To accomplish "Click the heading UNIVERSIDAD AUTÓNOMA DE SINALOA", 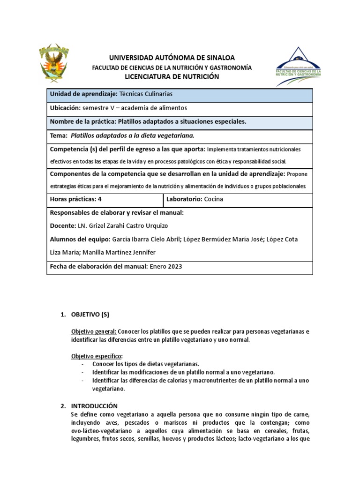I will (172, 58).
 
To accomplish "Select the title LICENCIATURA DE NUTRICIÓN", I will (172, 76).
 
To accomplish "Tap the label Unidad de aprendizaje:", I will (83, 94).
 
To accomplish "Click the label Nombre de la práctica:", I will (82, 122).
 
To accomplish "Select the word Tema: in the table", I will (59, 135).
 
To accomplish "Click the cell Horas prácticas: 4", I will (75, 199).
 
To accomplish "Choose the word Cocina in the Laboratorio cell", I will (214, 199).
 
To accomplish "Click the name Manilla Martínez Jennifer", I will (119, 252).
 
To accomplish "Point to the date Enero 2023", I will (165, 266).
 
